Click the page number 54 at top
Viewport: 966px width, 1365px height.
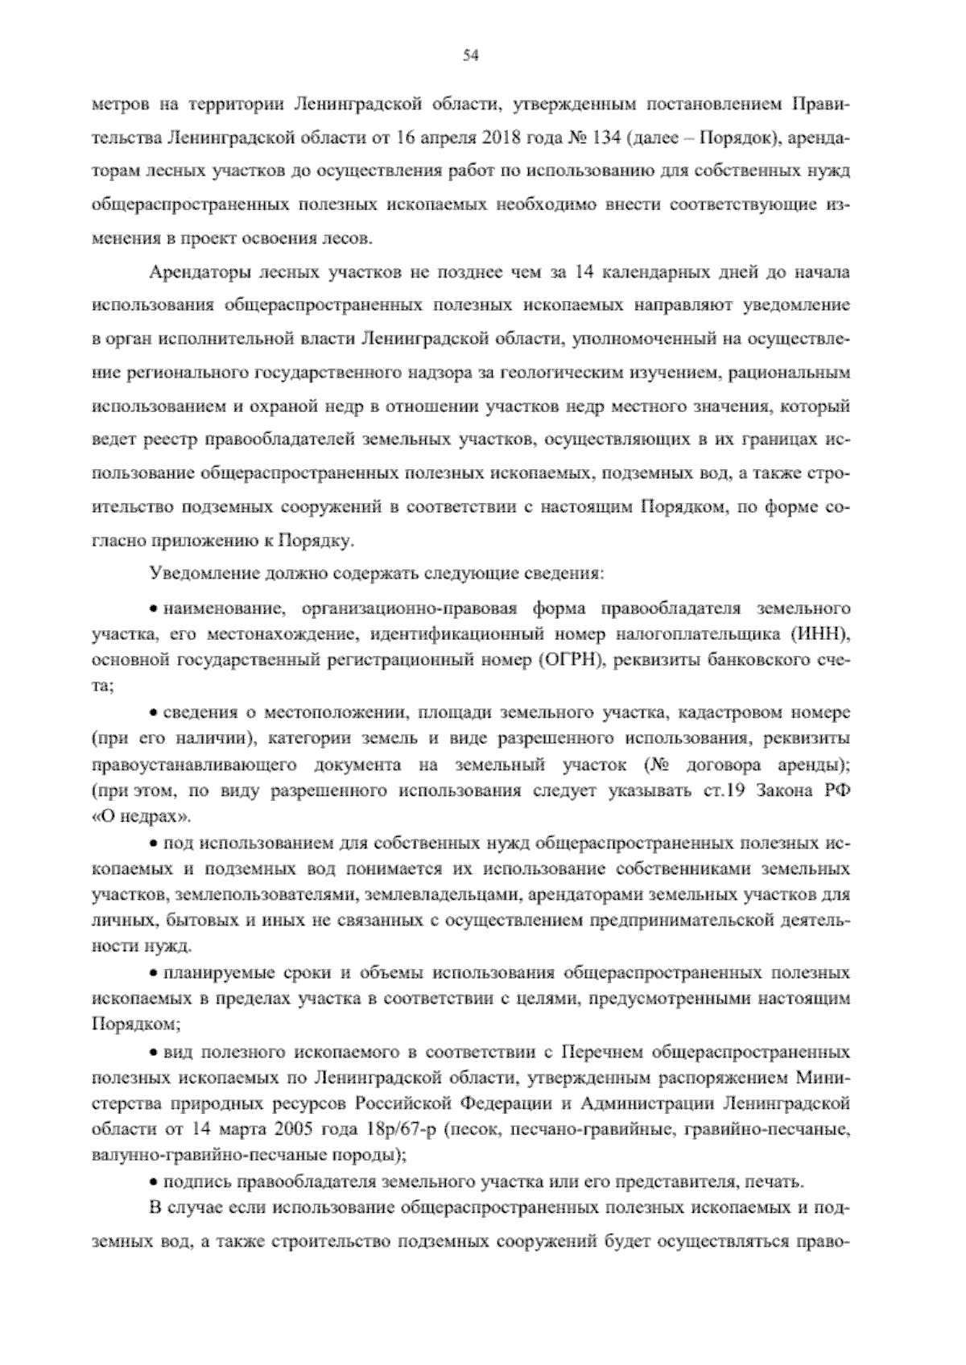472,55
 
